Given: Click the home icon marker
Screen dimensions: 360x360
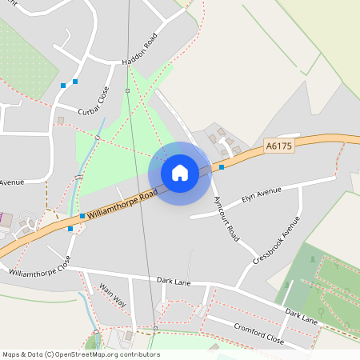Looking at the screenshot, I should (x=180, y=173).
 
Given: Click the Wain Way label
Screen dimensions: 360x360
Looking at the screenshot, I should (x=112, y=295).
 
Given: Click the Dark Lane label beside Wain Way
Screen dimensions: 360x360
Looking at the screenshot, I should (x=175, y=281).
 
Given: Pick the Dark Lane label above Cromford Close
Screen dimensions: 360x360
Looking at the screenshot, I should (x=301, y=316).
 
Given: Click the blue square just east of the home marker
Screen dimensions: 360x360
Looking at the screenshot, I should (x=222, y=167).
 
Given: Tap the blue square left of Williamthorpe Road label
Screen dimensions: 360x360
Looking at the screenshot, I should (x=82, y=216).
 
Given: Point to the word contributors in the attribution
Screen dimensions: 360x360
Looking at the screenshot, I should (x=139, y=354).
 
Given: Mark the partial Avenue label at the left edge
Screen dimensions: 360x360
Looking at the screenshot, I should (x=12, y=182).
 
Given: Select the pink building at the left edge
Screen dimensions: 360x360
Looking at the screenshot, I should (x=2, y=218).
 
